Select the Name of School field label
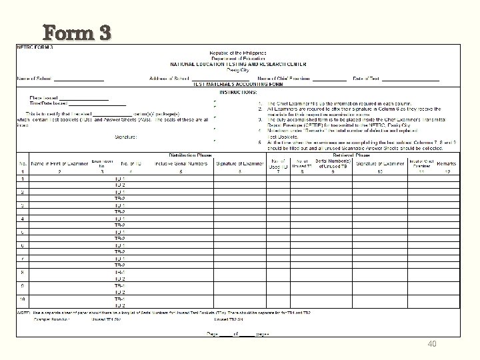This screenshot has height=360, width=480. (35, 79)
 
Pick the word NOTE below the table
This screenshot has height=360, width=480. (22, 313)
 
